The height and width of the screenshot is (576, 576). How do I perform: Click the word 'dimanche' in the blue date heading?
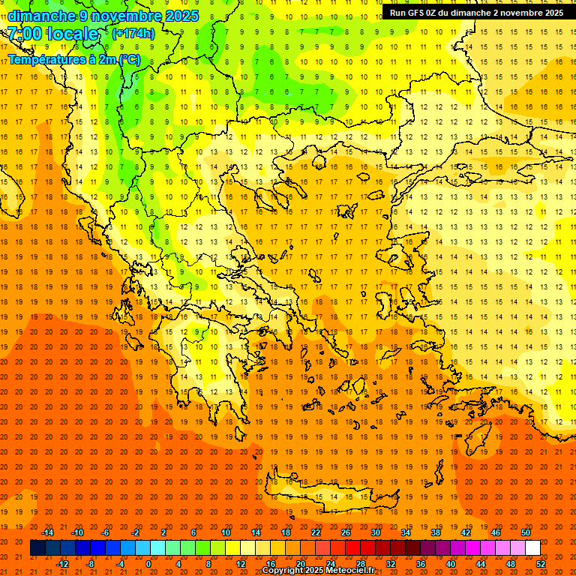pyautogui.click(x=41, y=16)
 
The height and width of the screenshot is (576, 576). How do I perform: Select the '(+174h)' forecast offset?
pyautogui.click(x=133, y=33)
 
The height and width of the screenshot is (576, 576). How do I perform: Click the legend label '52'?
pyautogui.click(x=541, y=564)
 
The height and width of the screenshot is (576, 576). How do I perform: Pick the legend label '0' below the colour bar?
pyautogui.click(x=148, y=564)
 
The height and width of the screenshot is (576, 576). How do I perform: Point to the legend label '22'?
pyautogui.click(x=316, y=532)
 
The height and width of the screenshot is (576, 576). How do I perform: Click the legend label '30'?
pyautogui.click(x=376, y=532)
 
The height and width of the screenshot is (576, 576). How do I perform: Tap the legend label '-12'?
pyautogui.click(x=62, y=564)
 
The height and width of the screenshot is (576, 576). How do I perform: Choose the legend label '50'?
pyautogui.click(x=525, y=532)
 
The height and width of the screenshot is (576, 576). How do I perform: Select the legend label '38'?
pyautogui.click(x=436, y=532)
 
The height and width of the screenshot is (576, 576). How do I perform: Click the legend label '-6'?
pyautogui.click(x=106, y=532)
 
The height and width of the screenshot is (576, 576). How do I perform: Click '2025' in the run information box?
pyautogui.click(x=553, y=13)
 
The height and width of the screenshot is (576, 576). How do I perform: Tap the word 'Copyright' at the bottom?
pyautogui.click(x=283, y=571)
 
